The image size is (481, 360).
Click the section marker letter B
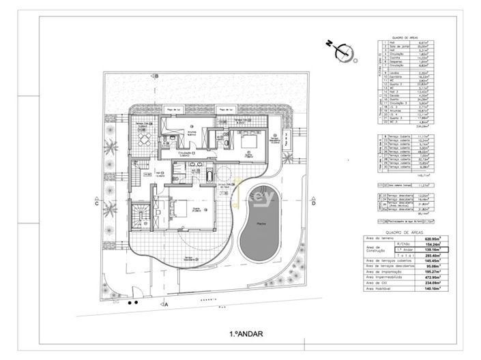point(156,76)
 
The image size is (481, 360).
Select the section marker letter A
point(166,305)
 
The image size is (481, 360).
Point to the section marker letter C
point(98,202)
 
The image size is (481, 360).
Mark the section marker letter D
point(312,202)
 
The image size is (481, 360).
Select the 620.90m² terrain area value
point(433,239)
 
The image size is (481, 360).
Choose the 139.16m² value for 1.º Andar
point(433,251)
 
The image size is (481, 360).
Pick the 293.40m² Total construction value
point(433,256)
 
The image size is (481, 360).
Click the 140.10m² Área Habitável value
point(433,288)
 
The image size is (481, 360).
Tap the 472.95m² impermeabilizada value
point(433,277)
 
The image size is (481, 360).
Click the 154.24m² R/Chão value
point(433,245)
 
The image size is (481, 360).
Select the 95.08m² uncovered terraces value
point(433,267)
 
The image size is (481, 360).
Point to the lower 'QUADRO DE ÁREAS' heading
point(405,232)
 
